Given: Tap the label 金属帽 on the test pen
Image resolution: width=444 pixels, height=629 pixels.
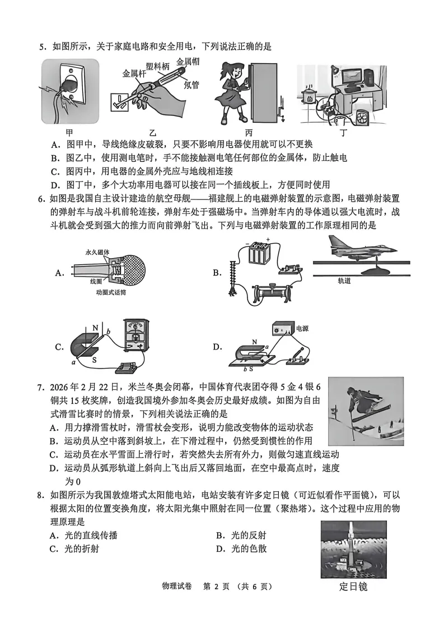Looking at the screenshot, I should pos(188,61).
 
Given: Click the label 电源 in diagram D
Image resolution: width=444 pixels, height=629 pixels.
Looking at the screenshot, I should pos(302,328).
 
